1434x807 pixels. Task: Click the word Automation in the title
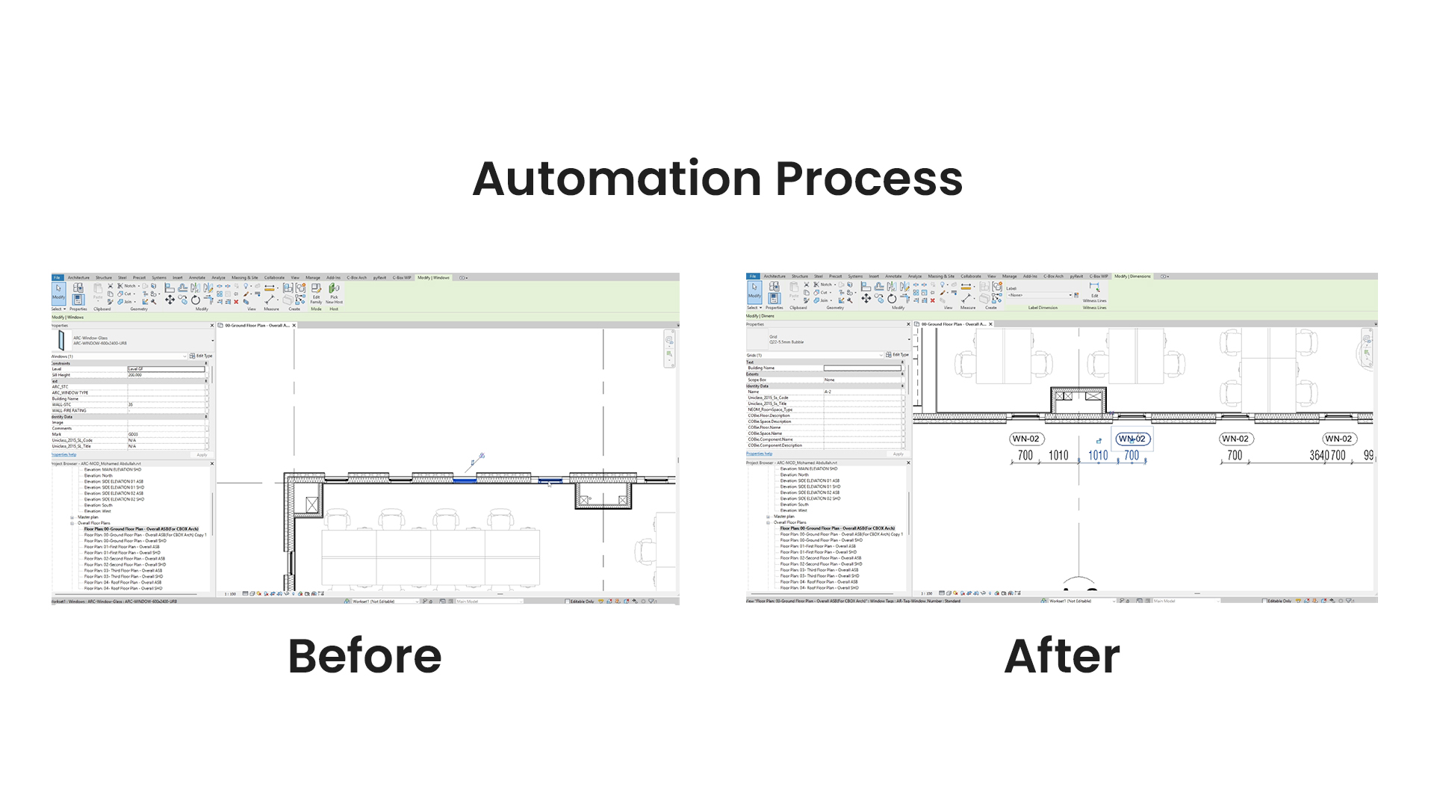pos(617,179)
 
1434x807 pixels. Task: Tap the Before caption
pos(364,656)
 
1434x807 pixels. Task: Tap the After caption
pos(1061,656)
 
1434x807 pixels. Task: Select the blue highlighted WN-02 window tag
pos(1132,439)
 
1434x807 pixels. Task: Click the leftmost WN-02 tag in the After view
pos(1025,439)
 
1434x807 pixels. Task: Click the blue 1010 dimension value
pos(1097,455)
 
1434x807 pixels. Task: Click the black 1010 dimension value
pos(1058,455)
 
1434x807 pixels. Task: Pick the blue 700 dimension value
pos(1132,455)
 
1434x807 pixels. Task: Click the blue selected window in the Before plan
pos(465,480)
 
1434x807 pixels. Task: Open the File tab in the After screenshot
pos(753,276)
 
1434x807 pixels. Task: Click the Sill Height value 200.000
pos(135,375)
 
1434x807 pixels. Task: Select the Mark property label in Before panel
pos(57,434)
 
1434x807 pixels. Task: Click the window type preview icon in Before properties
pos(61,341)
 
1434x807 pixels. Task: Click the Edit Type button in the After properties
pos(898,355)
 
